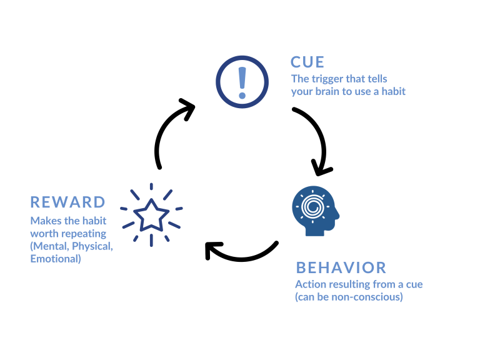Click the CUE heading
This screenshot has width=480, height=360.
307,62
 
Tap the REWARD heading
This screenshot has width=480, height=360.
68,202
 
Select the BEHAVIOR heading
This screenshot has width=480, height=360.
341,267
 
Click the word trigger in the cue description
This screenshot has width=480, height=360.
327,79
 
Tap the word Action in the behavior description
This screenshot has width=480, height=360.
309,284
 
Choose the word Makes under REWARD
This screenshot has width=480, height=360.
44,221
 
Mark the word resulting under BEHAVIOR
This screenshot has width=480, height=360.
347,284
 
